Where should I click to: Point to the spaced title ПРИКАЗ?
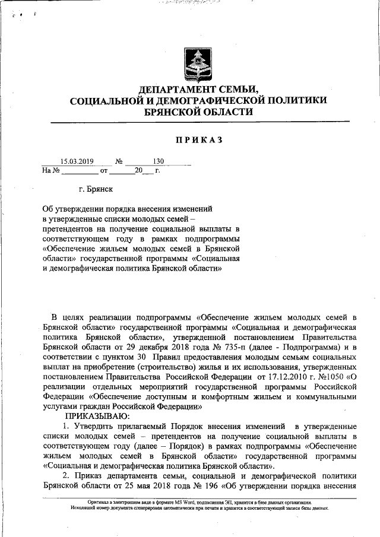pos(198,139)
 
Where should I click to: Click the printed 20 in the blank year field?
pos(139,171)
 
